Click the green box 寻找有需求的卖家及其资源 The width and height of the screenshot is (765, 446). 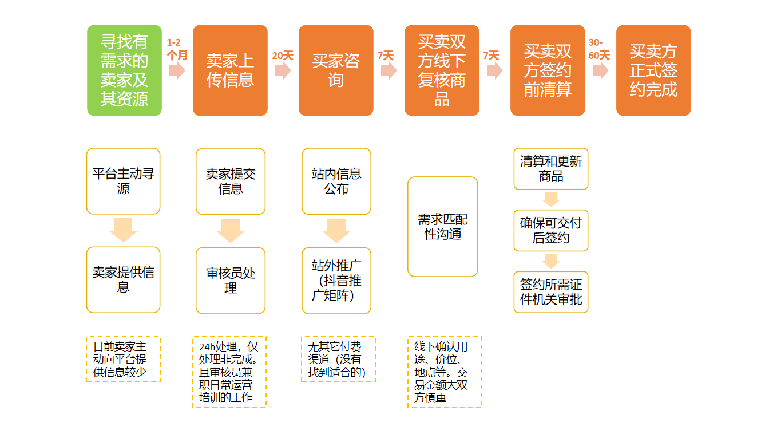[124, 70]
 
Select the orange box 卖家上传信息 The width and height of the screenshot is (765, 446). [230, 70]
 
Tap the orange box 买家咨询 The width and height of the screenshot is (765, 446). [336, 70]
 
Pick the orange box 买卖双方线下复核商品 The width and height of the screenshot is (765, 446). [442, 70]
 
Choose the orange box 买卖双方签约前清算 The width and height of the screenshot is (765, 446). [548, 70]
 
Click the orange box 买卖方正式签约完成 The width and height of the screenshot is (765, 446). [653, 70]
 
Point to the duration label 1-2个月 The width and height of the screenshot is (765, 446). [177, 49]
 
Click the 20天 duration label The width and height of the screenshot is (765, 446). [283, 56]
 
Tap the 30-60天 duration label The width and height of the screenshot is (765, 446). [599, 49]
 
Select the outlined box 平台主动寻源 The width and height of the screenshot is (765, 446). [124, 181]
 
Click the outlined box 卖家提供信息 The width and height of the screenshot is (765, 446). [124, 280]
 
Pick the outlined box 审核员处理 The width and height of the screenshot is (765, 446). [231, 281]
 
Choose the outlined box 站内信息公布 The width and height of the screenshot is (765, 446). [336, 181]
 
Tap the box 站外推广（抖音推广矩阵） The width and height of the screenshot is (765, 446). [336, 281]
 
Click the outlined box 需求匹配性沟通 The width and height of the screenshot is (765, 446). [442, 227]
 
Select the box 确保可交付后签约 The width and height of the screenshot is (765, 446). [550, 230]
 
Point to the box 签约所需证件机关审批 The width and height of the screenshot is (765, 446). [550, 292]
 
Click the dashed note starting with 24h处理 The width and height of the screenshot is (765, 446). [229, 372]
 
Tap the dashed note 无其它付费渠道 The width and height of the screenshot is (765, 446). [338, 360]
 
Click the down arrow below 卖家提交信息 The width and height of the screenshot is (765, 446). [231, 231]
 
